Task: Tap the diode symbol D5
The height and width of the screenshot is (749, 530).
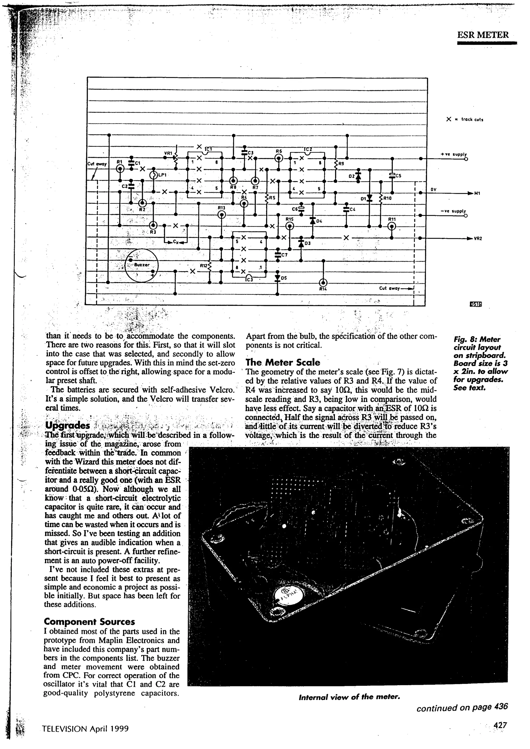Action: [x=277, y=278]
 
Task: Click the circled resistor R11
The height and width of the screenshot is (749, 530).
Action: [x=392, y=226]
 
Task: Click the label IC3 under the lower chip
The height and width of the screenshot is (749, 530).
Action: [x=249, y=279]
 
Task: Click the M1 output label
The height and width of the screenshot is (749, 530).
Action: [x=477, y=193]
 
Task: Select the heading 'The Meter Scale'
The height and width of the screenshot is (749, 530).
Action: [x=283, y=362]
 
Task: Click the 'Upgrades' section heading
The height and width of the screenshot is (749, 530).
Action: [x=68, y=425]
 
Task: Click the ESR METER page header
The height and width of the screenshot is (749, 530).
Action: [x=483, y=35]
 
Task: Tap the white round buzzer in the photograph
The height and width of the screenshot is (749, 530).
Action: [x=284, y=597]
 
